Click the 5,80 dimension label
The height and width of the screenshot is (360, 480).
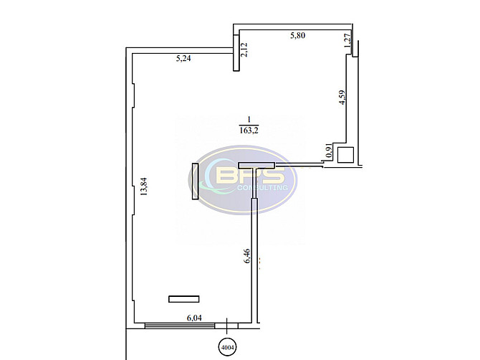(297, 36)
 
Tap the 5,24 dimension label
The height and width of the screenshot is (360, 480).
(183, 58)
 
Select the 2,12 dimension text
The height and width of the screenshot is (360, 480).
(244, 49)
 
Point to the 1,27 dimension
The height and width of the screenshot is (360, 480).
(347, 40)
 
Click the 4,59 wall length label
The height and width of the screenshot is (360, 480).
(342, 97)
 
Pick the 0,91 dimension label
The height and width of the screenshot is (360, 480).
(330, 151)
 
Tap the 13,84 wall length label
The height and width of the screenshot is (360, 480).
(143, 186)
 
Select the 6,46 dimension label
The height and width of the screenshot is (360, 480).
(246, 256)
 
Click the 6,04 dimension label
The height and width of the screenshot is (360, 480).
(194, 318)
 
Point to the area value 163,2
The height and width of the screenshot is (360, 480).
(249, 131)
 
